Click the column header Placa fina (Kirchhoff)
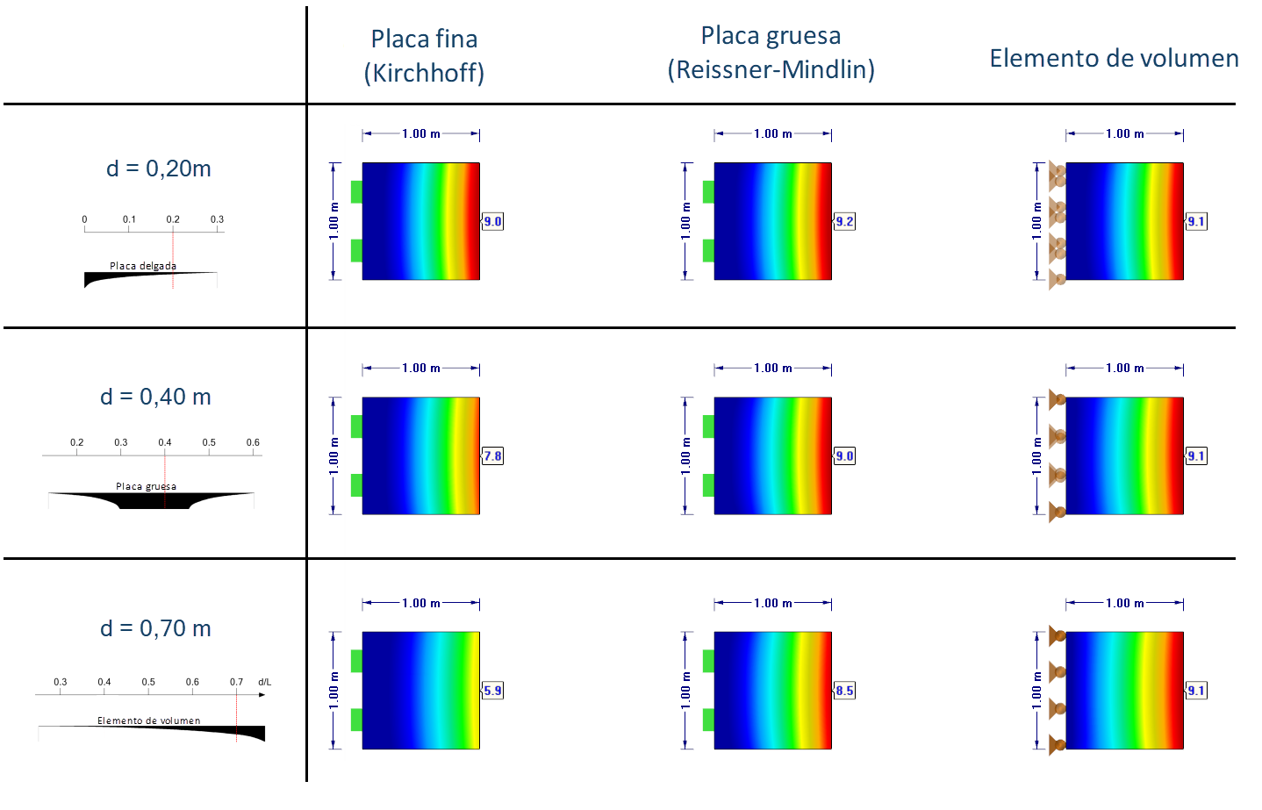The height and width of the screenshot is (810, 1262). point(424,55)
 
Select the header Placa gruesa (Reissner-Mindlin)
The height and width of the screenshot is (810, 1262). point(771,53)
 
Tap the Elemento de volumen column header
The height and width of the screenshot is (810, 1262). point(1114,58)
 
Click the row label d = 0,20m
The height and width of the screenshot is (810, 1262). point(159,168)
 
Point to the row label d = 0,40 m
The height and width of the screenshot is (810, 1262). point(155,397)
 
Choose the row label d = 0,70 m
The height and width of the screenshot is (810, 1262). point(155,628)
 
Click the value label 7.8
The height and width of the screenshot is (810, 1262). point(493,455)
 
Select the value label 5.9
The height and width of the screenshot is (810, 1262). point(493,691)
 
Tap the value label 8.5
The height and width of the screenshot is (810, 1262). point(844,691)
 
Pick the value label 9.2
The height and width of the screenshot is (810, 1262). point(844,221)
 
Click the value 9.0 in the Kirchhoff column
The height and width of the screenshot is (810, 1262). point(493,221)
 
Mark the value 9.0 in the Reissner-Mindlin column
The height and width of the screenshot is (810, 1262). point(844,455)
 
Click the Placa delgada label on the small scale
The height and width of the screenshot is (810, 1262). point(143,266)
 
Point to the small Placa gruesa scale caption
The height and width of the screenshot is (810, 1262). point(146,486)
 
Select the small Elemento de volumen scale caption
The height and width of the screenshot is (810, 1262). point(148,720)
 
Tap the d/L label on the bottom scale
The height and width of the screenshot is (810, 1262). point(264,682)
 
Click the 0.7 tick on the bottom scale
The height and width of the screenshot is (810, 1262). point(236,682)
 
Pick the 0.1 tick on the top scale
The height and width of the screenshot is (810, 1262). point(129,219)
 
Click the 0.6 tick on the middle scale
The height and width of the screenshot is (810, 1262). point(253,442)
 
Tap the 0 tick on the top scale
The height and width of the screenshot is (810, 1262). point(84,219)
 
